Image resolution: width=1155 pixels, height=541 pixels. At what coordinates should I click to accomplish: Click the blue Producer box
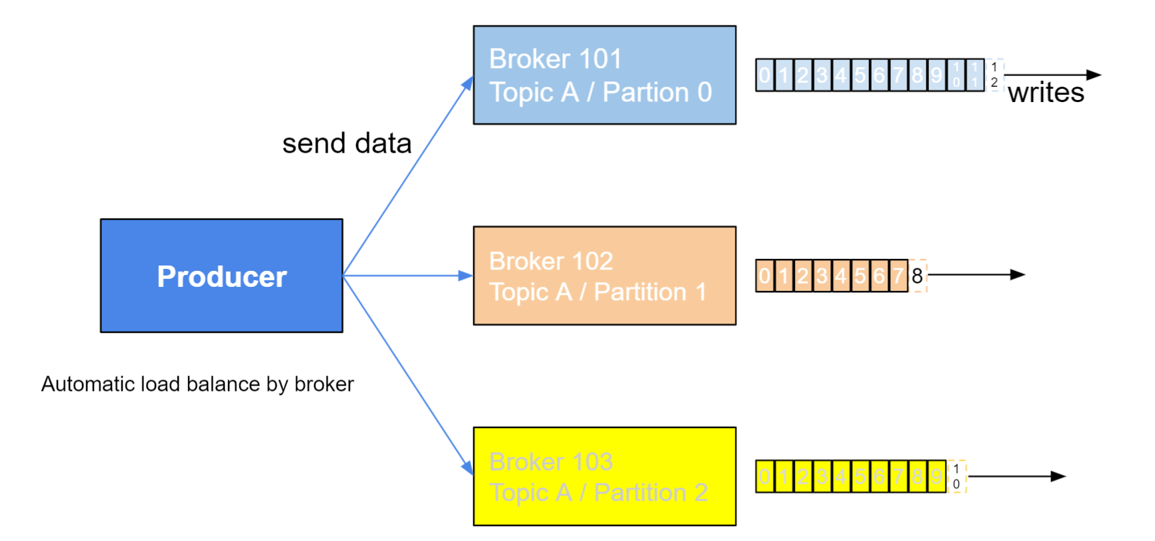[221, 276]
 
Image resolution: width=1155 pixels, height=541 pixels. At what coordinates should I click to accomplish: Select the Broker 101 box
[604, 75]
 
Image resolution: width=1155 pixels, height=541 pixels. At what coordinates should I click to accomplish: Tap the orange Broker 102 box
[604, 276]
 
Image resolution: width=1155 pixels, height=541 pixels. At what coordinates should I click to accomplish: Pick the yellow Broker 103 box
[604, 476]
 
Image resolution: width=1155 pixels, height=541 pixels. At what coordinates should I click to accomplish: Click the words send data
[347, 143]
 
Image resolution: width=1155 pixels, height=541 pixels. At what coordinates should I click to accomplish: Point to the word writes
[1046, 93]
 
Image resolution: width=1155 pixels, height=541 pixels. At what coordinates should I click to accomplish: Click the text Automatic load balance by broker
[197, 384]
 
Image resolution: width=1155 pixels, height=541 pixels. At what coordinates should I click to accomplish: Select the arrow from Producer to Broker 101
[408, 175]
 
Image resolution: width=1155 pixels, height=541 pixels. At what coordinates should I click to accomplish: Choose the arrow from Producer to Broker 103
[408, 375]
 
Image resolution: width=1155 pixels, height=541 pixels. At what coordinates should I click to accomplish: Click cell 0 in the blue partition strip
[765, 75]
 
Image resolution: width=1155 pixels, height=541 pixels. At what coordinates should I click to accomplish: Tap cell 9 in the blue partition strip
[937, 75]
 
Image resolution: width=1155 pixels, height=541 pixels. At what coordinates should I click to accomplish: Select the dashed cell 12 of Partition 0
[994, 75]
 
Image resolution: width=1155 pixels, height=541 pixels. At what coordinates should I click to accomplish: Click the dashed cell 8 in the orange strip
[918, 276]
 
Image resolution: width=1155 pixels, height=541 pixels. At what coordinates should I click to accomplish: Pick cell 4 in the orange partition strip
[841, 276]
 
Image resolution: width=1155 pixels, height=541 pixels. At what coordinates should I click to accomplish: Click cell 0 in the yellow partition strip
[765, 476]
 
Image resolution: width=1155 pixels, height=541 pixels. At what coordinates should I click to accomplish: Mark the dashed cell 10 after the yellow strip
[956, 476]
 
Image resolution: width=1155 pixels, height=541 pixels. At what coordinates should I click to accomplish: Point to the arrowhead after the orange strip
[1018, 275]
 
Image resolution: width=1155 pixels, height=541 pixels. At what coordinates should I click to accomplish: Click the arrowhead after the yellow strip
[1058, 476]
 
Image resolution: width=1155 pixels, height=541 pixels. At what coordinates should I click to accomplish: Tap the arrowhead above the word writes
[1094, 75]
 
